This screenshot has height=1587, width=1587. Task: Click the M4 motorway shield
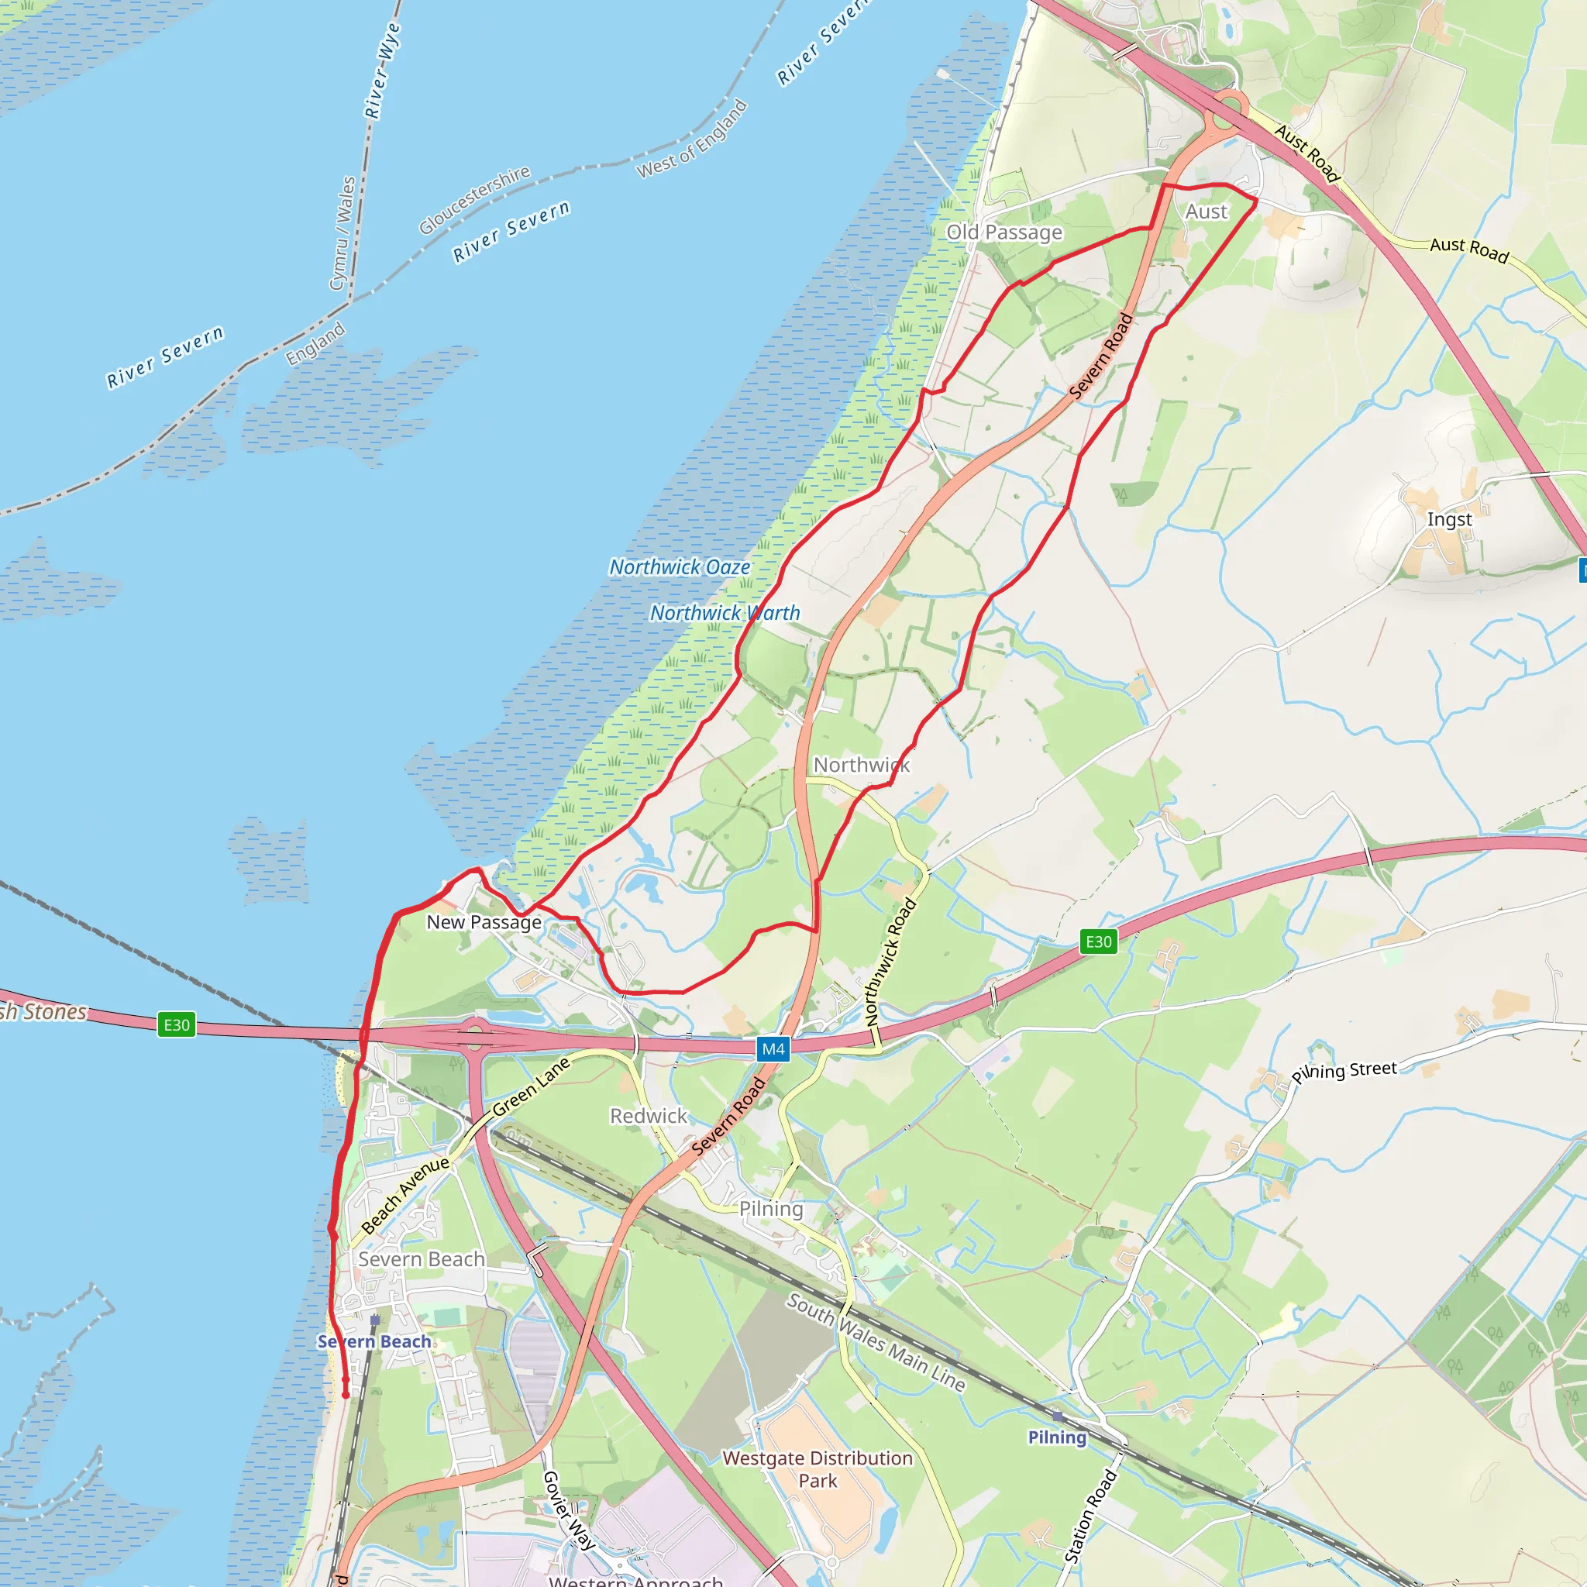coord(773,1049)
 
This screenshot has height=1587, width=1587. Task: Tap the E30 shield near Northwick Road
coord(1098,942)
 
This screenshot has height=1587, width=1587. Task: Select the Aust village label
coord(1206,212)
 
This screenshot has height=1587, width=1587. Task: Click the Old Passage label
coord(1003,232)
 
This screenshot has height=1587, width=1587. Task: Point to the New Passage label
coord(484,922)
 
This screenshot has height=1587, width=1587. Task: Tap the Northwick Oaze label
coord(680,567)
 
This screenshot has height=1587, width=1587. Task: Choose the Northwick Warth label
coord(725,614)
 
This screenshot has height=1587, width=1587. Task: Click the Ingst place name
coord(1449,519)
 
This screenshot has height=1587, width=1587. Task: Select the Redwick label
coord(648,1116)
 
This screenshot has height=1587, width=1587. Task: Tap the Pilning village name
coord(770,1208)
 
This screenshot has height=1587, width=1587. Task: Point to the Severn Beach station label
coord(374,1341)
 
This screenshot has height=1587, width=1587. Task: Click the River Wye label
coord(383,71)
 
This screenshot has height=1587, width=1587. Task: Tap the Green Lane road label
coord(531,1086)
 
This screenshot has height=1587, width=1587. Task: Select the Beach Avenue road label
coord(405,1194)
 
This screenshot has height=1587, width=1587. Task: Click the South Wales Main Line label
coord(876,1342)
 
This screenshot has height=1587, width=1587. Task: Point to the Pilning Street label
coord(1344,1070)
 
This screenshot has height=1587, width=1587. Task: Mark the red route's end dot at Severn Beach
coord(346,1394)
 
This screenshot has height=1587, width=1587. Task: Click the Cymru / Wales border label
coord(343,233)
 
